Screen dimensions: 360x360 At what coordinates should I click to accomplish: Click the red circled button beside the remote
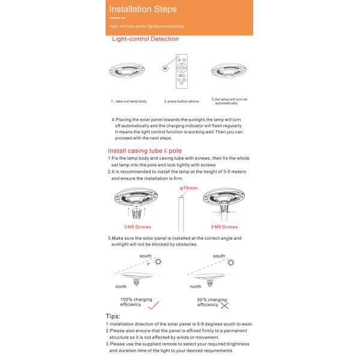pyautogui.click(x=164, y=69)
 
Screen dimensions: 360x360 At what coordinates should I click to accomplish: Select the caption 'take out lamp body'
pyautogui.click(x=128, y=101)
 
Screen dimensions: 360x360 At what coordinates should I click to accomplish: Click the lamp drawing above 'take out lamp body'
pyautogui.click(x=128, y=71)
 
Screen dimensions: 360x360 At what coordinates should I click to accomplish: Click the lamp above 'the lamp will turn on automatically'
pyautogui.click(x=229, y=71)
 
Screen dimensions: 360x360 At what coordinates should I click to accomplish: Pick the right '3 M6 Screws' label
pyautogui.click(x=224, y=227)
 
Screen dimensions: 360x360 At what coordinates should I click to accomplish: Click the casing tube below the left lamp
pyautogui.click(x=137, y=212)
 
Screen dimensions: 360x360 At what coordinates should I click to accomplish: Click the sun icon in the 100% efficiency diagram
pyautogui.click(x=158, y=262)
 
